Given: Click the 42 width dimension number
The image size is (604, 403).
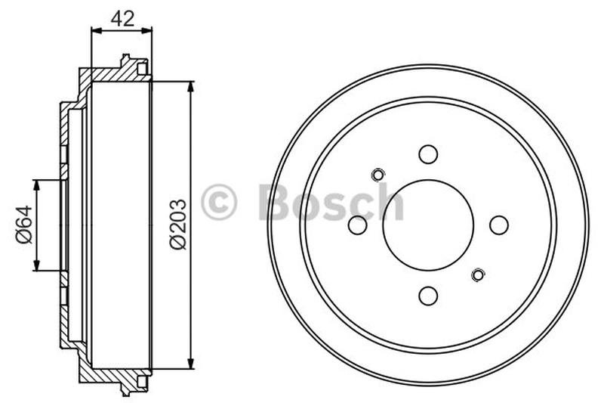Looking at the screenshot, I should point(122,19).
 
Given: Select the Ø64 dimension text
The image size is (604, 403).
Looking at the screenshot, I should point(23,225).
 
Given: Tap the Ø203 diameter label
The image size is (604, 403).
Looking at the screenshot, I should point(177,225).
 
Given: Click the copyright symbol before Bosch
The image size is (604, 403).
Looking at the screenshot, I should point(219,203).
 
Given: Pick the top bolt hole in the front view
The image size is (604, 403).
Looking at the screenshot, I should point(428,154).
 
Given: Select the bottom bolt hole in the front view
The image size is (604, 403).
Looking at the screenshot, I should point(428,296).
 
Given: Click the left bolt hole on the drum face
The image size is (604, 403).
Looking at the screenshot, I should point(358,225).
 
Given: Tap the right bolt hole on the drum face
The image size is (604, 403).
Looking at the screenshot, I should point(498,225).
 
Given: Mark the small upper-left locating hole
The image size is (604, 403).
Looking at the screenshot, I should point(378,175).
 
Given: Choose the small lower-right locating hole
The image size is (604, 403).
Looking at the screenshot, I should point(477,274).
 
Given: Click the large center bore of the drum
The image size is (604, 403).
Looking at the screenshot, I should point(428,225).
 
